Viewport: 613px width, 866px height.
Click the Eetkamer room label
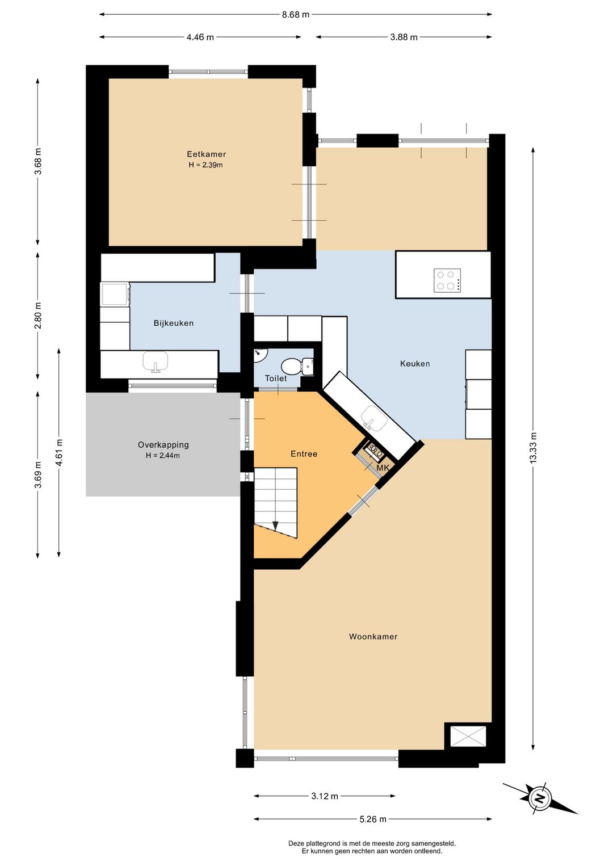coord(206,154)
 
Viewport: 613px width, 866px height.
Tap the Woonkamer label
coord(373,637)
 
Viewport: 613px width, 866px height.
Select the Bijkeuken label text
coord(174,323)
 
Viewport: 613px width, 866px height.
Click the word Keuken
coord(415,364)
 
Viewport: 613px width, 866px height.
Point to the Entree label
coord(304,454)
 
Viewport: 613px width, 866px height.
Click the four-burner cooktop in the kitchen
coord(447,280)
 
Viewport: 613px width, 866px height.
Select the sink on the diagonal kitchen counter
coord(373,418)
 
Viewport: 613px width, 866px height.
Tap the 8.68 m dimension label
coord(296,15)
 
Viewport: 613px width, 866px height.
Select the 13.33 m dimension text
coord(534,448)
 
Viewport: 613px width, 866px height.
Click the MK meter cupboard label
coord(383,468)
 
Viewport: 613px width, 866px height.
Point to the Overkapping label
coord(163,445)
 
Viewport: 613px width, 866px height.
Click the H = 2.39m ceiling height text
coord(205,165)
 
